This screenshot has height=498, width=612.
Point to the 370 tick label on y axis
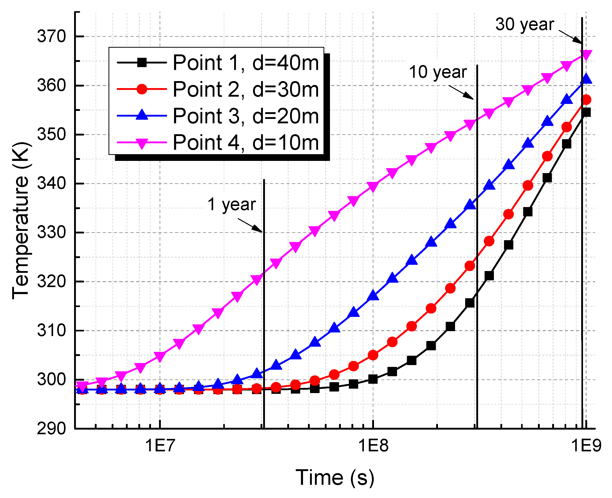click(52, 37)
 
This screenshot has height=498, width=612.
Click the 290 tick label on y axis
click(52, 429)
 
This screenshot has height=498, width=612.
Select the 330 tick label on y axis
click(52, 233)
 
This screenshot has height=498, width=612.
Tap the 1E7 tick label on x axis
click(160, 446)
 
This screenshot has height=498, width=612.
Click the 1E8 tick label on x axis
click(373, 446)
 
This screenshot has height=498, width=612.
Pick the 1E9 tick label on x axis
click(586, 446)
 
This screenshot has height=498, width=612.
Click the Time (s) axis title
click(335, 478)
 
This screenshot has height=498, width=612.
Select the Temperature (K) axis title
click(21, 220)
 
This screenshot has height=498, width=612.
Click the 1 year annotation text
click(232, 204)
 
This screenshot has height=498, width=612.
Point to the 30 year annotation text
click(524, 24)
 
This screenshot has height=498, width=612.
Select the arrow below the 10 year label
click(461, 92)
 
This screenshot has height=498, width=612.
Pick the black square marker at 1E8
click(373, 379)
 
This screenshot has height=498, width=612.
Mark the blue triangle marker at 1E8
click(373, 295)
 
